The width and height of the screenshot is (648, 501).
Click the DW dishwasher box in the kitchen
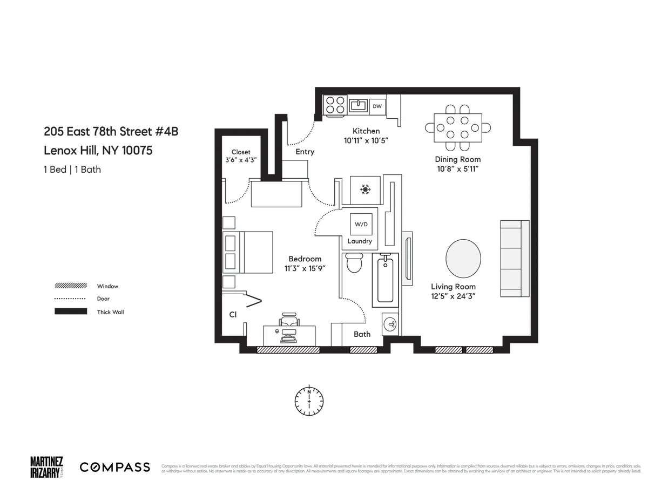click(377, 106)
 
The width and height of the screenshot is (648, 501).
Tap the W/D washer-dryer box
click(360, 224)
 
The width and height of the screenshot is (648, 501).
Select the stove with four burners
click(335, 104)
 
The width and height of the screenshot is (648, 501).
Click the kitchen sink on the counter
click(357, 105)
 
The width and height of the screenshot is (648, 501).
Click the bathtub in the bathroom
click(385, 280)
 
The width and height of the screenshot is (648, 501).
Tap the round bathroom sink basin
click(390, 324)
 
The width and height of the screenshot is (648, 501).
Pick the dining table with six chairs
click(458, 128)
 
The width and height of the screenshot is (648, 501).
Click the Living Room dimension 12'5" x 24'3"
click(453, 296)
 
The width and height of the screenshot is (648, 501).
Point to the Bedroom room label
click(305, 259)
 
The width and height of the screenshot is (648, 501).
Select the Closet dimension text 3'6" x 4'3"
click(241, 160)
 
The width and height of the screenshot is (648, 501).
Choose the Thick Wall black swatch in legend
click(71, 312)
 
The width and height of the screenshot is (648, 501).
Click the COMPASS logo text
click(115, 467)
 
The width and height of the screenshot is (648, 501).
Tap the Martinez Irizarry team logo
click(46, 467)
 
